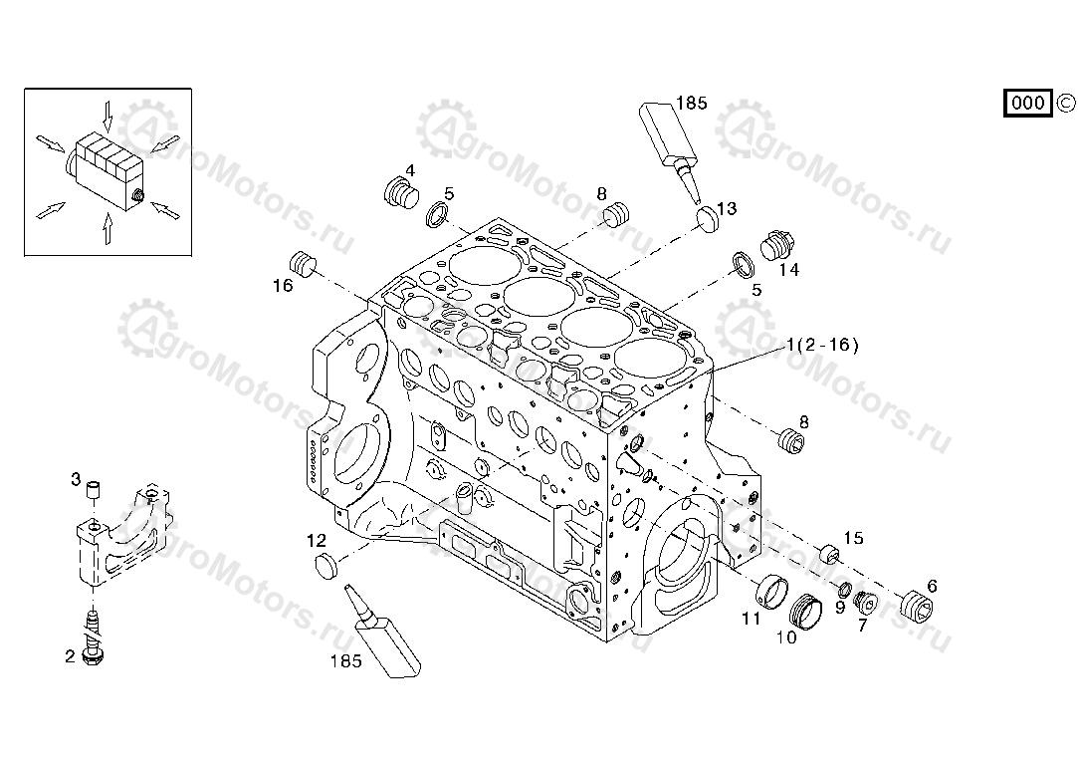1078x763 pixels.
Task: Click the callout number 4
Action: [409, 169]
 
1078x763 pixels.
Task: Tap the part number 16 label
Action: [283, 286]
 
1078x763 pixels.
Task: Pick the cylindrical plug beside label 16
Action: [302, 263]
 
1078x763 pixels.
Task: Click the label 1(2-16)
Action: [821, 346]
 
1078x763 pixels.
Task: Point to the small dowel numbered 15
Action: [825, 553]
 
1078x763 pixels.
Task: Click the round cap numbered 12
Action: [326, 568]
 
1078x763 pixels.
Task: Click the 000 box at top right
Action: [1027, 103]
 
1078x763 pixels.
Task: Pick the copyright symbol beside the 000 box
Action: [1065, 103]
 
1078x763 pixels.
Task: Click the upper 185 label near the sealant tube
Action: [691, 103]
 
